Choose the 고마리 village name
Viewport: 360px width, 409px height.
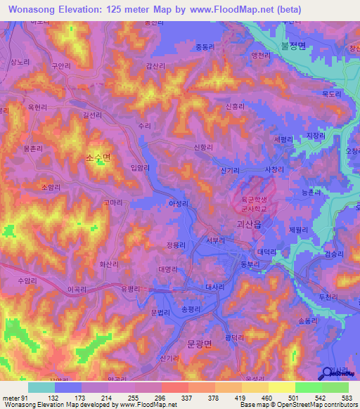(114, 202)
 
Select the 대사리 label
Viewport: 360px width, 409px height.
(214, 287)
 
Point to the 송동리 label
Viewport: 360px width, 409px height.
(309, 320)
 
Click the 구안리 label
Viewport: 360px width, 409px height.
(60, 65)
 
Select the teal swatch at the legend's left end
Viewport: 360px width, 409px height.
(41, 387)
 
